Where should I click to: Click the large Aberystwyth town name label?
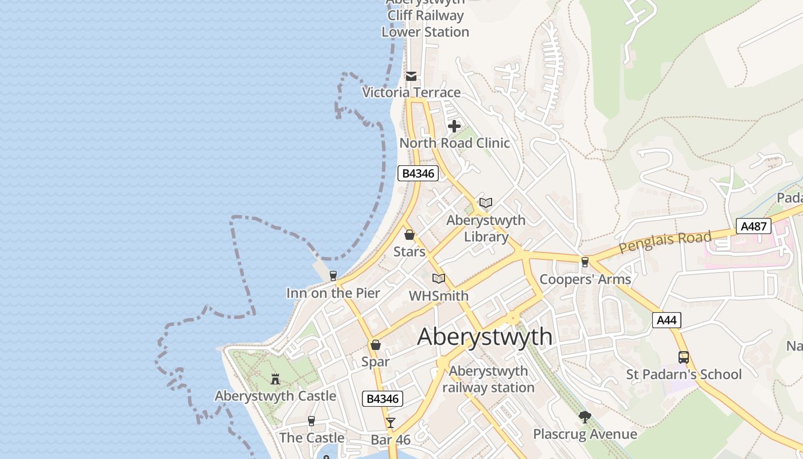[485, 336]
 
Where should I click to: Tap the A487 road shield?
[754, 226]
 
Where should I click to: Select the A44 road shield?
[666, 320]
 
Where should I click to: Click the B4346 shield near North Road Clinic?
[418, 173]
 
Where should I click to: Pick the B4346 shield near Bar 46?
[383, 399]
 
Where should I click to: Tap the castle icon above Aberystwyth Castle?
[275, 379]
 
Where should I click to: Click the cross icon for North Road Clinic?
[454, 126]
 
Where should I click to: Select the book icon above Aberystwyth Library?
[486, 203]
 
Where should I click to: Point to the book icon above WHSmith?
[439, 279]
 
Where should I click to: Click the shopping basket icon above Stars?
[410, 235]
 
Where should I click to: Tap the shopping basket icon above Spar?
[375, 345]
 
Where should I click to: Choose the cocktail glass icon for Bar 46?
[391, 423]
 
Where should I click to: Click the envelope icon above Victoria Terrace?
[411, 76]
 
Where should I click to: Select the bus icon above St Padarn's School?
[684, 357]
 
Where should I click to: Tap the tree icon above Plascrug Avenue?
[584, 417]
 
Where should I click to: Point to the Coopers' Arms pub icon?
[584, 262]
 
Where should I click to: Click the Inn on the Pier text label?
[333, 293]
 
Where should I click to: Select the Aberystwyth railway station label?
[488, 379]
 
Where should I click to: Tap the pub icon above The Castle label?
[311, 421]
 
